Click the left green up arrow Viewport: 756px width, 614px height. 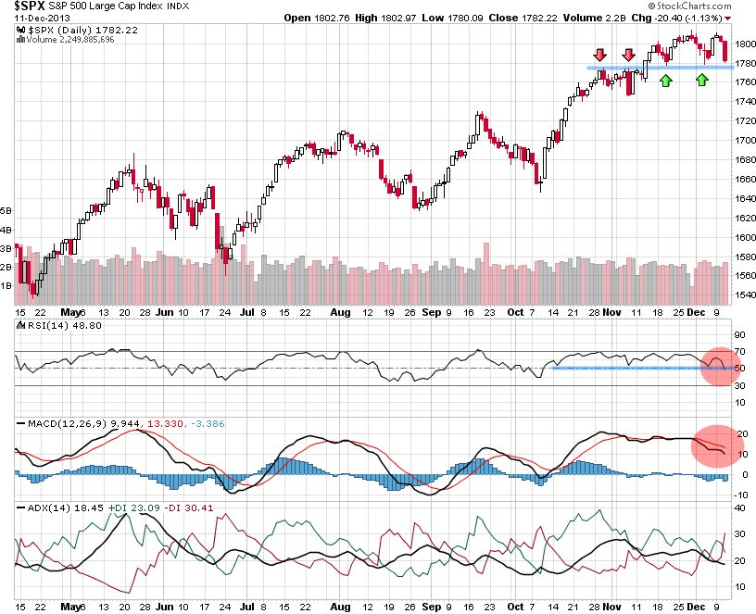click(x=665, y=81)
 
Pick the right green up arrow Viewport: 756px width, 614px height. click(x=701, y=81)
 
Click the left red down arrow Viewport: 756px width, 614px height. click(x=600, y=56)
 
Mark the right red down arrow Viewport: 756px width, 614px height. click(x=628, y=56)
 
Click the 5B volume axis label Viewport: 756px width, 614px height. click(x=6, y=210)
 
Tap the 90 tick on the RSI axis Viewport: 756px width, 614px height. click(x=740, y=334)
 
